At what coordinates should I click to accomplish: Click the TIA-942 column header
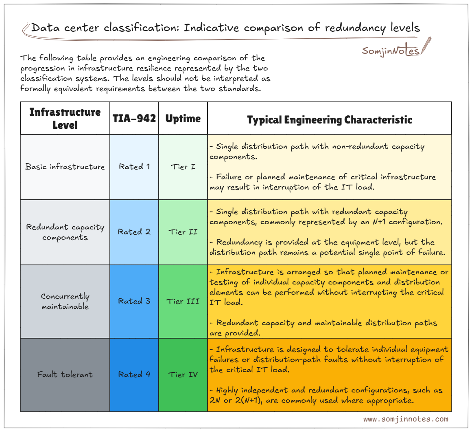pos(134,118)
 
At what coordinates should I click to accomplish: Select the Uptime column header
pos(183,119)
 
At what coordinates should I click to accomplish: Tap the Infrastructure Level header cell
pos(65,118)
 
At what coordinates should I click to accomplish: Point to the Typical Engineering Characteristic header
pos(330,120)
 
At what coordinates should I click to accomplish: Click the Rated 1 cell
pos(134,167)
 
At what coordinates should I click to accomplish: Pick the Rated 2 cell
pos(134,232)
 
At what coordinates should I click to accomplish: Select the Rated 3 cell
pos(134,301)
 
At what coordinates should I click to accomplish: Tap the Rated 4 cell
pos(134,375)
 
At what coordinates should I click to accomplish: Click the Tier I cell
pos(183,167)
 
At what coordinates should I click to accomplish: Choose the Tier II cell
pos(183,232)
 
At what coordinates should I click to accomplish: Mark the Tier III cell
pos(183,302)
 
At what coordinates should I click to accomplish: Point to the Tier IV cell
pos(183,375)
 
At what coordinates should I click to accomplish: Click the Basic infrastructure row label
pos(65,167)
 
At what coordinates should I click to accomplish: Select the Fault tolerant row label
pos(65,375)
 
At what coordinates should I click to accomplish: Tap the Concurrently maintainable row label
pos(65,301)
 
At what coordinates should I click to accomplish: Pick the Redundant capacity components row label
pos(65,232)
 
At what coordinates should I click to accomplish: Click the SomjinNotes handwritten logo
pos(391,51)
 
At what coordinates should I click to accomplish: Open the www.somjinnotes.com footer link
pos(406,419)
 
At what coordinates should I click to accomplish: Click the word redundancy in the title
pos(356,28)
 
